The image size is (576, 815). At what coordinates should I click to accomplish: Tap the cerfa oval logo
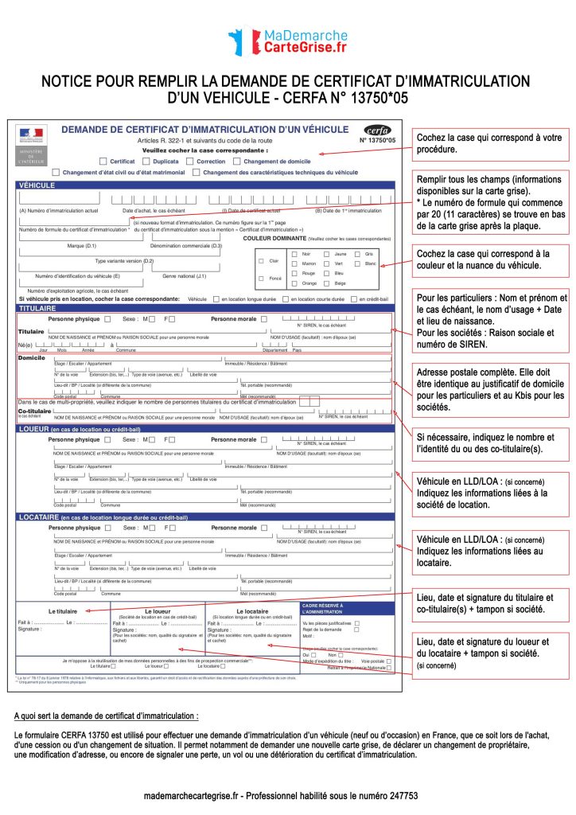[378, 131]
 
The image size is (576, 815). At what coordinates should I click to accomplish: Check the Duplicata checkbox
[146, 161]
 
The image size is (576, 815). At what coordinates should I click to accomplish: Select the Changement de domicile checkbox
[236, 161]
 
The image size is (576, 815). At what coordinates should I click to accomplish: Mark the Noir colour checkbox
[295, 253]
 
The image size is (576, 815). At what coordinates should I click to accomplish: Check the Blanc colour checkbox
[358, 263]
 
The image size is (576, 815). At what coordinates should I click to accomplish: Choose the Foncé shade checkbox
[261, 278]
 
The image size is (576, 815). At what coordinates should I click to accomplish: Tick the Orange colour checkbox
[295, 283]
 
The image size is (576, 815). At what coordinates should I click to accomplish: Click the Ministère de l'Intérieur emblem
[33, 144]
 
